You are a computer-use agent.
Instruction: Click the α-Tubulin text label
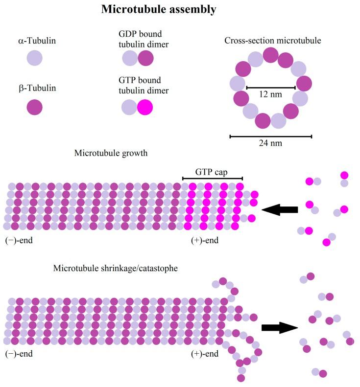[x=35, y=41]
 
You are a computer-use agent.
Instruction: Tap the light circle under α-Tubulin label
[x=35, y=58]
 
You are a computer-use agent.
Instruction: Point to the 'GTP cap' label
[x=212, y=172]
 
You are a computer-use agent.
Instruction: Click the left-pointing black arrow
[x=280, y=210]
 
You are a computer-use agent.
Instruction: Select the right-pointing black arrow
[x=280, y=327]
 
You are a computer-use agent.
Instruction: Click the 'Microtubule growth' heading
[x=111, y=153]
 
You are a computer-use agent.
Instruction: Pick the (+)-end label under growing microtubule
[x=205, y=240]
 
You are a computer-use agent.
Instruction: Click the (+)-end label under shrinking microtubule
[x=205, y=353]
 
